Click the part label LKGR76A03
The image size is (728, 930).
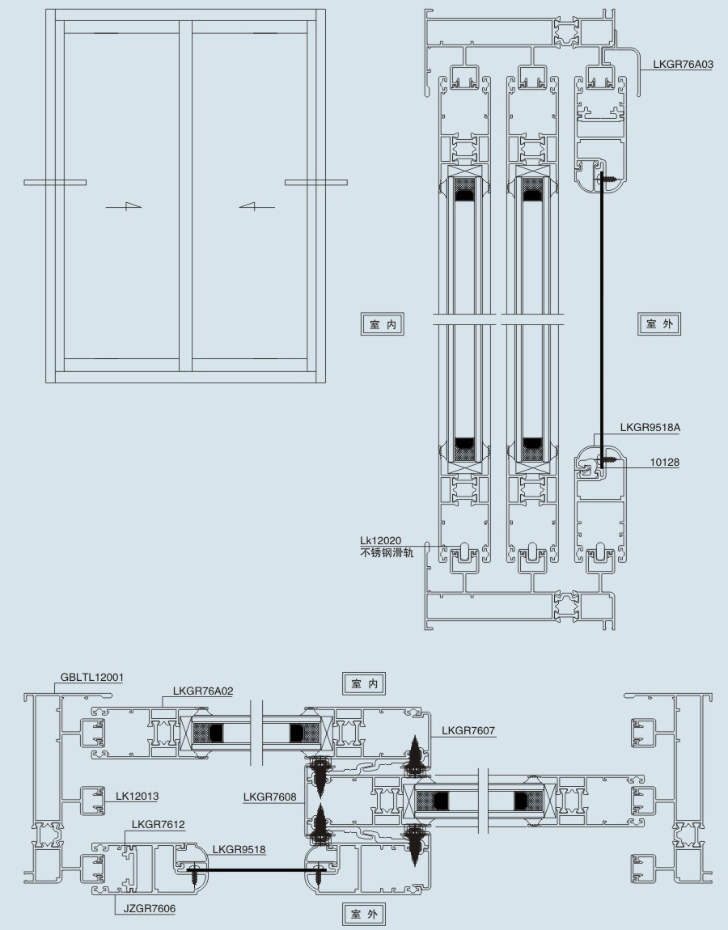683,64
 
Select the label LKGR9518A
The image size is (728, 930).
650,427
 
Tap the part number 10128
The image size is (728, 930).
665,462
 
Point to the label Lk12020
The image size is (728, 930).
381,540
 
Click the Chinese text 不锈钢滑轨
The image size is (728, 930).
387,553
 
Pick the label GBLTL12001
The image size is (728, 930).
92,678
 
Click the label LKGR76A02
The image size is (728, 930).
203,691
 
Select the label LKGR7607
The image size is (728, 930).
468,731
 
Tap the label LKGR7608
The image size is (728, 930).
270,797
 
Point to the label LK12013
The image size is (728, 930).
137,796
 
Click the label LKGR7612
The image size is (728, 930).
159,824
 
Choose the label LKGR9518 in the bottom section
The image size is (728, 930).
239,849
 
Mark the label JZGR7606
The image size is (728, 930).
150,909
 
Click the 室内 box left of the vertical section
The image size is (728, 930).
383,324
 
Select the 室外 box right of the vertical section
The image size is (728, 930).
659,323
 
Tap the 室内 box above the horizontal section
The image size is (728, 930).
365,683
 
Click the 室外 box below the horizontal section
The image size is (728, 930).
364,914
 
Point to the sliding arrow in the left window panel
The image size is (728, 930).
124,206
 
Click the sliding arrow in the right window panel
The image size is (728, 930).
257,206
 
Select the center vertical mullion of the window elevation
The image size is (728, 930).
186,197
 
